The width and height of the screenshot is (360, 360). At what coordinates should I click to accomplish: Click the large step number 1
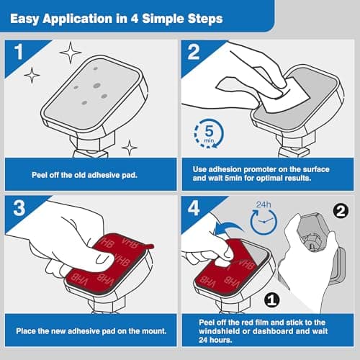(19, 52)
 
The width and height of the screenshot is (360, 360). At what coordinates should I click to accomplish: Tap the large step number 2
(194, 52)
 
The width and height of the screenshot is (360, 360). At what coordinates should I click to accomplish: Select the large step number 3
(19, 208)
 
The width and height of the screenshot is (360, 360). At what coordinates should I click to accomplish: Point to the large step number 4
(194, 208)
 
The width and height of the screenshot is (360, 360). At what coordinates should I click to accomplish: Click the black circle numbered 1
(272, 300)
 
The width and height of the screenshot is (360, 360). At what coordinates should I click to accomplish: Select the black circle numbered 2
(341, 211)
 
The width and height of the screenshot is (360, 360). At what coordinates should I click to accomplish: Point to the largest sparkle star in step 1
(71, 53)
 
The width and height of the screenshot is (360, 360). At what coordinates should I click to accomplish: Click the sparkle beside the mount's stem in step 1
(130, 148)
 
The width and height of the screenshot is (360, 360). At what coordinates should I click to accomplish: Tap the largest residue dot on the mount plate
(97, 86)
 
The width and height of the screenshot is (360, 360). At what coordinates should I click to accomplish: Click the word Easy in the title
(24, 19)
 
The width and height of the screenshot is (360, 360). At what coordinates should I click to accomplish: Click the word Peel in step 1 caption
(38, 175)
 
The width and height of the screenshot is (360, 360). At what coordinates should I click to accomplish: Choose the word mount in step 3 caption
(153, 331)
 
